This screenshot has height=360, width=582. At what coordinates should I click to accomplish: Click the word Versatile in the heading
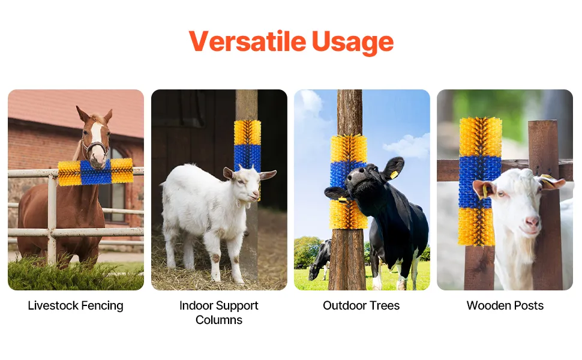[248, 41]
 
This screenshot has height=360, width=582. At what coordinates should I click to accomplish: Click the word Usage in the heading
[353, 43]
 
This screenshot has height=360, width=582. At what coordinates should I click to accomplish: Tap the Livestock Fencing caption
[76, 305]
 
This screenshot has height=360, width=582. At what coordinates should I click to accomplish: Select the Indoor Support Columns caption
[218, 313]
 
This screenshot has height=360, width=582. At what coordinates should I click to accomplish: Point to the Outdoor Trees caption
[361, 305]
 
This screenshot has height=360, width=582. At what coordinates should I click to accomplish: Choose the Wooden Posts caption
[505, 305]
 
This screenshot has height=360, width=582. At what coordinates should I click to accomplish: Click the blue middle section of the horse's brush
[96, 172]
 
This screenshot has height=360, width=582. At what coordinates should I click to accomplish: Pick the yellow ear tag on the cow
[394, 175]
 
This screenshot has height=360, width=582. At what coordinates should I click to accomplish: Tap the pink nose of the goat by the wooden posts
[532, 221]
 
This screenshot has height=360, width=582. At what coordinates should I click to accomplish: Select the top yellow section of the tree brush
[349, 148]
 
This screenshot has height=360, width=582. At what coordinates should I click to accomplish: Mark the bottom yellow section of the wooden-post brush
[476, 227]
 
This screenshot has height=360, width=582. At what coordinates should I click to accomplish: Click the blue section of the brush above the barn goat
[247, 157]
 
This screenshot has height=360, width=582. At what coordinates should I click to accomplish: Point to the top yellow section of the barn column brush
[247, 133]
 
